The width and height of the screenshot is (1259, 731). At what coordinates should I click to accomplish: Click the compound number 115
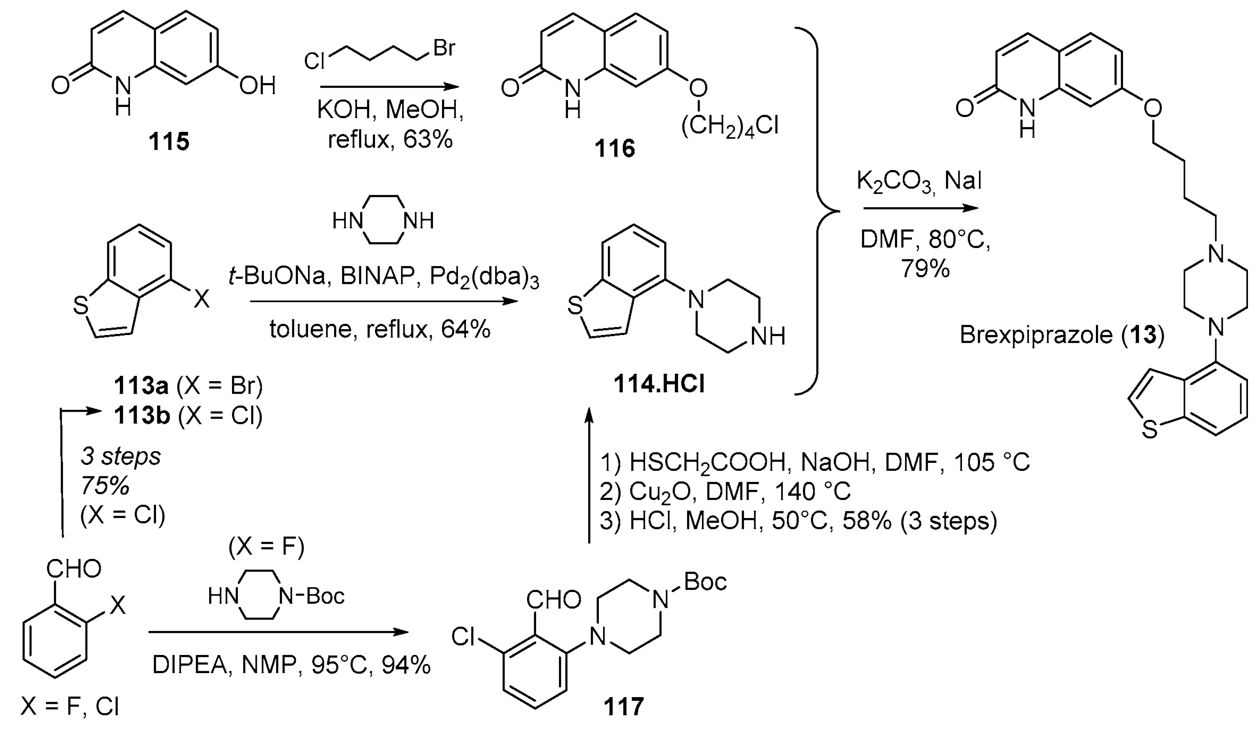click(169, 142)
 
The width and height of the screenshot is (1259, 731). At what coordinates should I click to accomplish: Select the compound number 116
click(615, 148)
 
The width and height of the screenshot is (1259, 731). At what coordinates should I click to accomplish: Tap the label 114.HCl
click(659, 385)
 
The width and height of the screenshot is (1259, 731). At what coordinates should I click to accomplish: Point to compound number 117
click(624, 707)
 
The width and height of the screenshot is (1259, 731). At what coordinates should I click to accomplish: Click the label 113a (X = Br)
click(188, 385)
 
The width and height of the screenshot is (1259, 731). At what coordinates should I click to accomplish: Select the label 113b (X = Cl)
click(188, 415)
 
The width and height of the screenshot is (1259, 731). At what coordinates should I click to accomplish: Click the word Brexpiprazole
click(1036, 335)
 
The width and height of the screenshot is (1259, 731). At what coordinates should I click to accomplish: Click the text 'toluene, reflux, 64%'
click(380, 329)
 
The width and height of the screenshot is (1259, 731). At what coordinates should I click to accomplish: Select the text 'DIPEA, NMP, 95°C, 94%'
click(291, 665)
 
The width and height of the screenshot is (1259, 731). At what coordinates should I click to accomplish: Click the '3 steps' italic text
click(121, 456)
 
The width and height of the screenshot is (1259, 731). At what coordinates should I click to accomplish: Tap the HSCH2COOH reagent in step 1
click(710, 463)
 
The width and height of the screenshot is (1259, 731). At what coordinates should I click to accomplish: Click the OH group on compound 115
click(257, 85)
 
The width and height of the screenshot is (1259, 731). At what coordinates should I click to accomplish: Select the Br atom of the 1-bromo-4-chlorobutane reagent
click(444, 48)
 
